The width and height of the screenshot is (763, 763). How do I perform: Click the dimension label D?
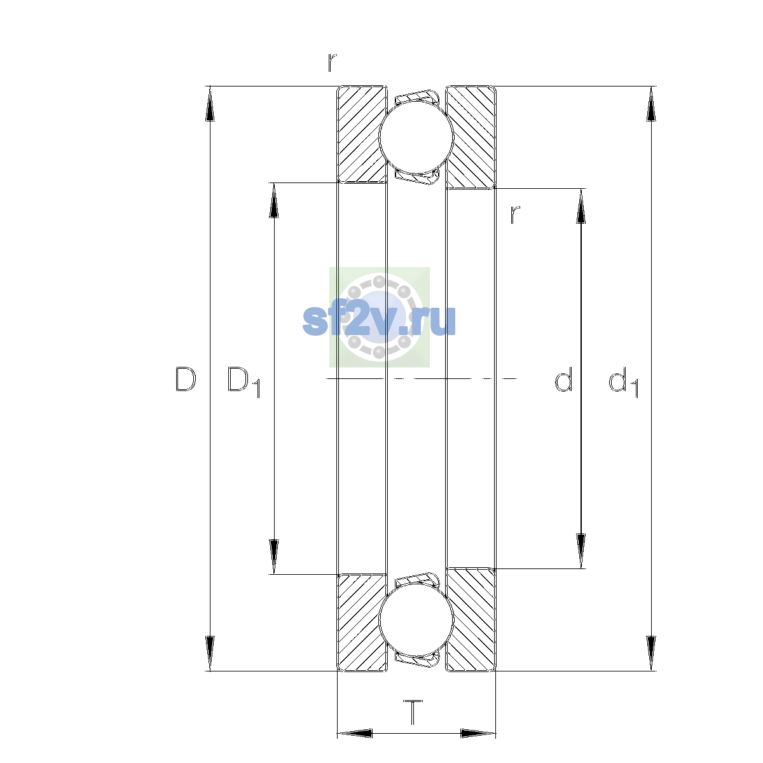pos(185,380)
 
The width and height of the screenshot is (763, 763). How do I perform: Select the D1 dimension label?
pos(244,381)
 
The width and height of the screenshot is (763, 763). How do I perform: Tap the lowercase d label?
pos(563,379)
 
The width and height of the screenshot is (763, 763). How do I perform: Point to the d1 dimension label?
pos(624,381)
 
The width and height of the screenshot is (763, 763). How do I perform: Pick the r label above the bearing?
pos(332,62)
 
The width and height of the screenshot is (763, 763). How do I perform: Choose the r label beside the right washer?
pos(514,215)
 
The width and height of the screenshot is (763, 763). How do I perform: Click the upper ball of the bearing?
pos(416,137)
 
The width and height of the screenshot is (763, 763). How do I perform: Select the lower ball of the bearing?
pos(416,621)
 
